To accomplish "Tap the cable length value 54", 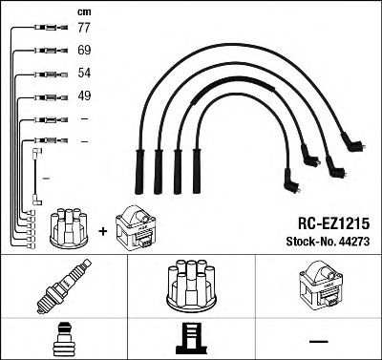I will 84,74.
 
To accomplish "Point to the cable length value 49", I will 84,96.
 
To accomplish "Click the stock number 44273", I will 354,241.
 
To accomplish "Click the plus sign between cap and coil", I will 103,228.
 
